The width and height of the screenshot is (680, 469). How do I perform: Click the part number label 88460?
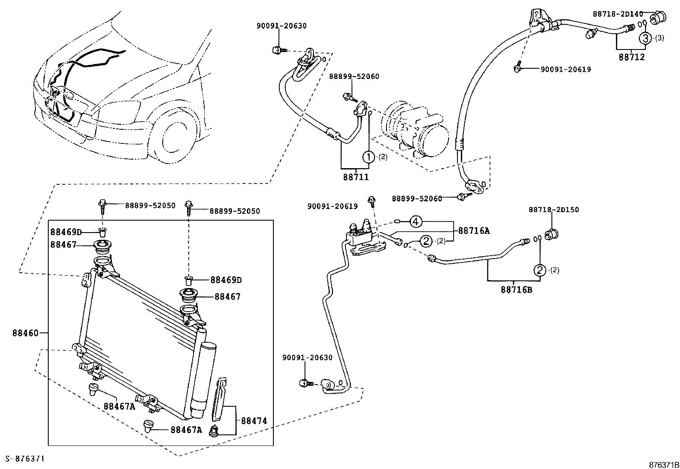(25, 332)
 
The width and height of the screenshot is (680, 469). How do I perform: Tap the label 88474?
(254, 420)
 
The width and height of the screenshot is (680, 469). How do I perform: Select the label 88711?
(355, 176)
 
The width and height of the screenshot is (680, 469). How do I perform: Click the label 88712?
(632, 57)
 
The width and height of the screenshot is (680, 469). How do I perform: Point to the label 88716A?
(474, 231)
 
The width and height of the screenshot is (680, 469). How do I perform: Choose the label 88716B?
(516, 290)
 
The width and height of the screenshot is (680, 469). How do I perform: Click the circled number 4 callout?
(416, 221)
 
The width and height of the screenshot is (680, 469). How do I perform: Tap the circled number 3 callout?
(645, 38)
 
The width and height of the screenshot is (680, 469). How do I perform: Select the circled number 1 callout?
(368, 157)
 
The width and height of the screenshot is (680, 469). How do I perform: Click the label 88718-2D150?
(554, 210)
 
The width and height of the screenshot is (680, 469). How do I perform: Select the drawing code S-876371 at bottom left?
(25, 459)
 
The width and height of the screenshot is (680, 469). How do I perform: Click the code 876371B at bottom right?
(663, 464)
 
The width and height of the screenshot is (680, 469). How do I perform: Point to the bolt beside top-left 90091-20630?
(276, 50)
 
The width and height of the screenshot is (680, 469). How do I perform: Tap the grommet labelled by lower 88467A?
(148, 426)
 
